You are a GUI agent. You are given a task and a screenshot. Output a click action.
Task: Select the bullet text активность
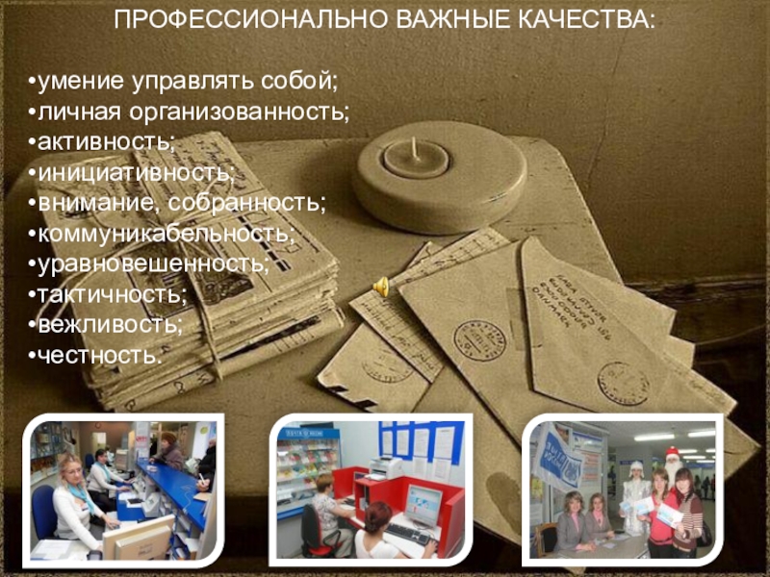[106, 141]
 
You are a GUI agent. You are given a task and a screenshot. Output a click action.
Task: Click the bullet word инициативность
[136, 172]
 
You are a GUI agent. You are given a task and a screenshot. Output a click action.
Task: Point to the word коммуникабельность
[166, 233]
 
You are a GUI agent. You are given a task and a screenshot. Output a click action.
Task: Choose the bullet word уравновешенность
[153, 263]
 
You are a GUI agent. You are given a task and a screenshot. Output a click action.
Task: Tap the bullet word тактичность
[112, 294]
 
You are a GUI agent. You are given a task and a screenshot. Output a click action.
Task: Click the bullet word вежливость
[110, 325]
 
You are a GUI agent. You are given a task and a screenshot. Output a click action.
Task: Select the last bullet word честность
[99, 356]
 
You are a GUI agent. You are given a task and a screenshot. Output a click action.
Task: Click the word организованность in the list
[239, 111]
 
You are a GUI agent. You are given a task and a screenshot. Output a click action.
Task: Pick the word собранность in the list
[247, 203]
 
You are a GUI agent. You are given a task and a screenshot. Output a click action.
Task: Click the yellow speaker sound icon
[381, 287]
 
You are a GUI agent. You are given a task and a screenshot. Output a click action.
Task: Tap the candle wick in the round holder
[415, 147]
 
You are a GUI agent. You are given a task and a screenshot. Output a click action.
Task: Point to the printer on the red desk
[386, 467]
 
